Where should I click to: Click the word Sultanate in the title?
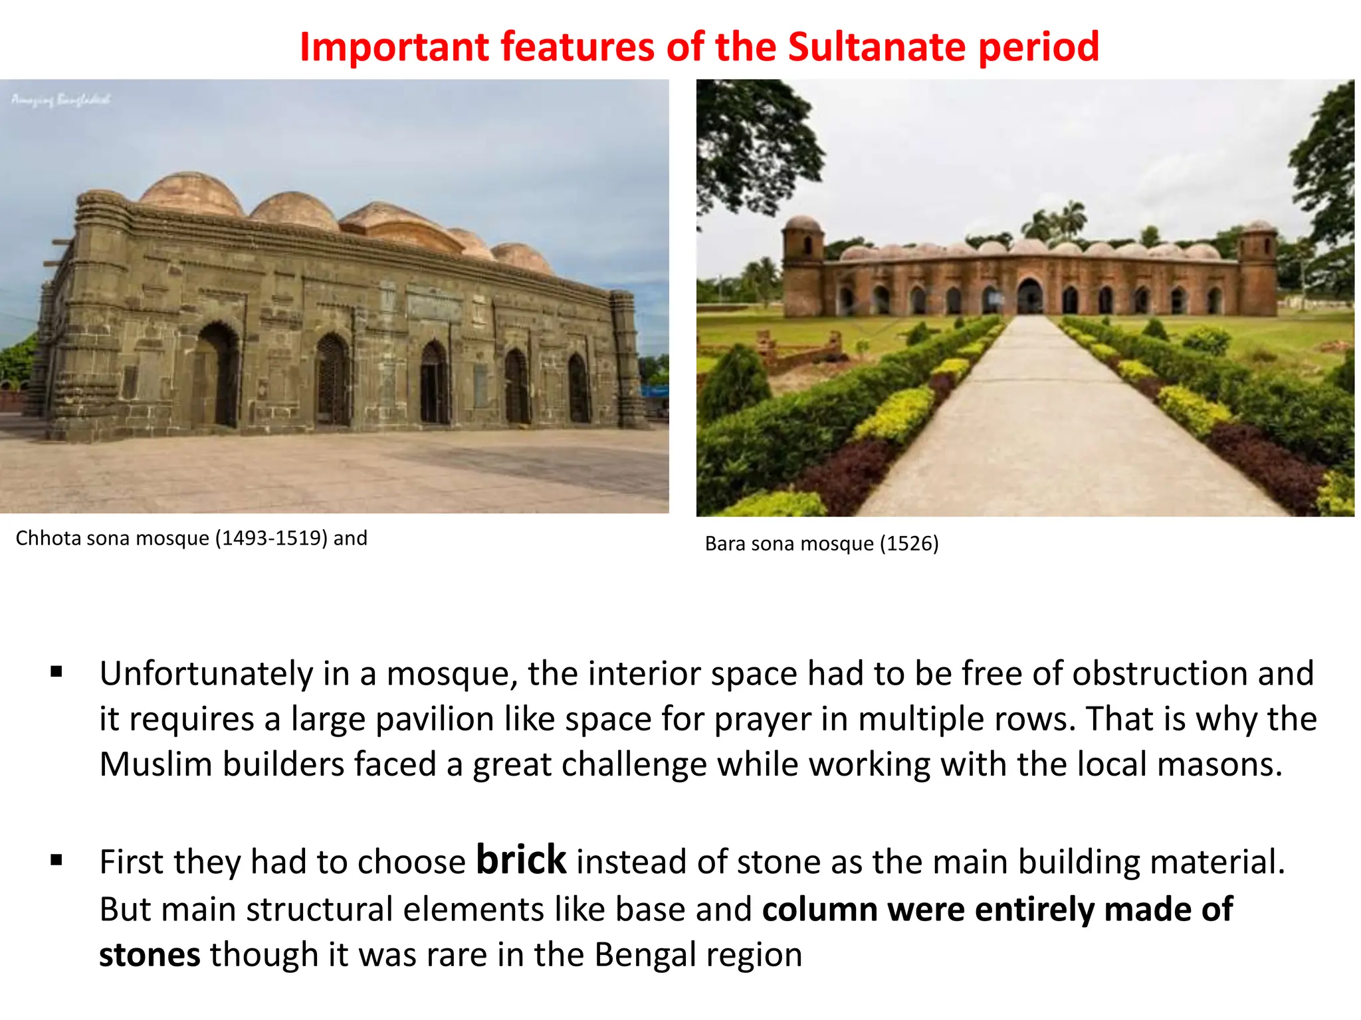(x=877, y=47)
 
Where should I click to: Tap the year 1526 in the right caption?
(x=908, y=544)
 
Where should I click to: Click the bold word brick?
(x=521, y=860)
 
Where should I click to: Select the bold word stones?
(x=150, y=955)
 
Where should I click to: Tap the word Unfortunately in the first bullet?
(x=206, y=674)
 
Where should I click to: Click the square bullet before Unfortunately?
(x=56, y=672)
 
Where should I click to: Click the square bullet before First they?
(x=56, y=861)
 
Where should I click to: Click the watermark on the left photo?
(x=60, y=100)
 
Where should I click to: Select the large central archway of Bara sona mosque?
(x=1029, y=296)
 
